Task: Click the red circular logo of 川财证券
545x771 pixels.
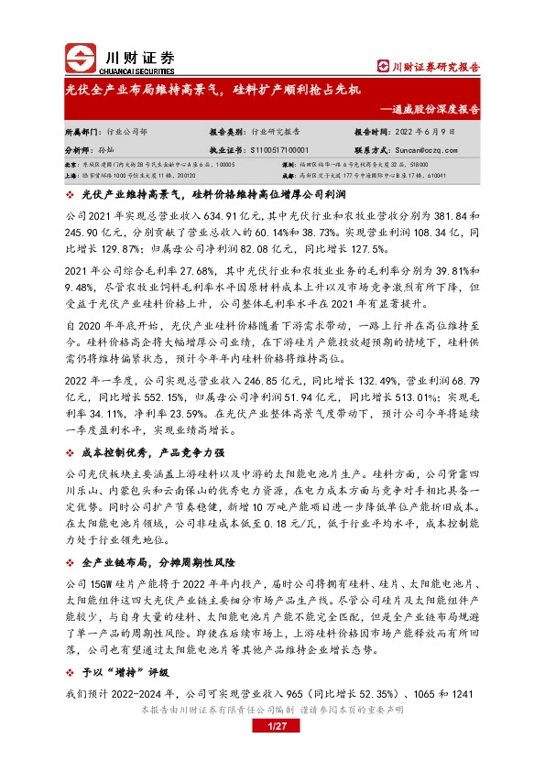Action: click(80, 59)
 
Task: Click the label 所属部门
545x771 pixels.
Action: click(81, 132)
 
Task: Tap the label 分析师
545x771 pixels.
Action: click(77, 147)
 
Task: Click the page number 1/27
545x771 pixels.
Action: click(277, 726)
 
